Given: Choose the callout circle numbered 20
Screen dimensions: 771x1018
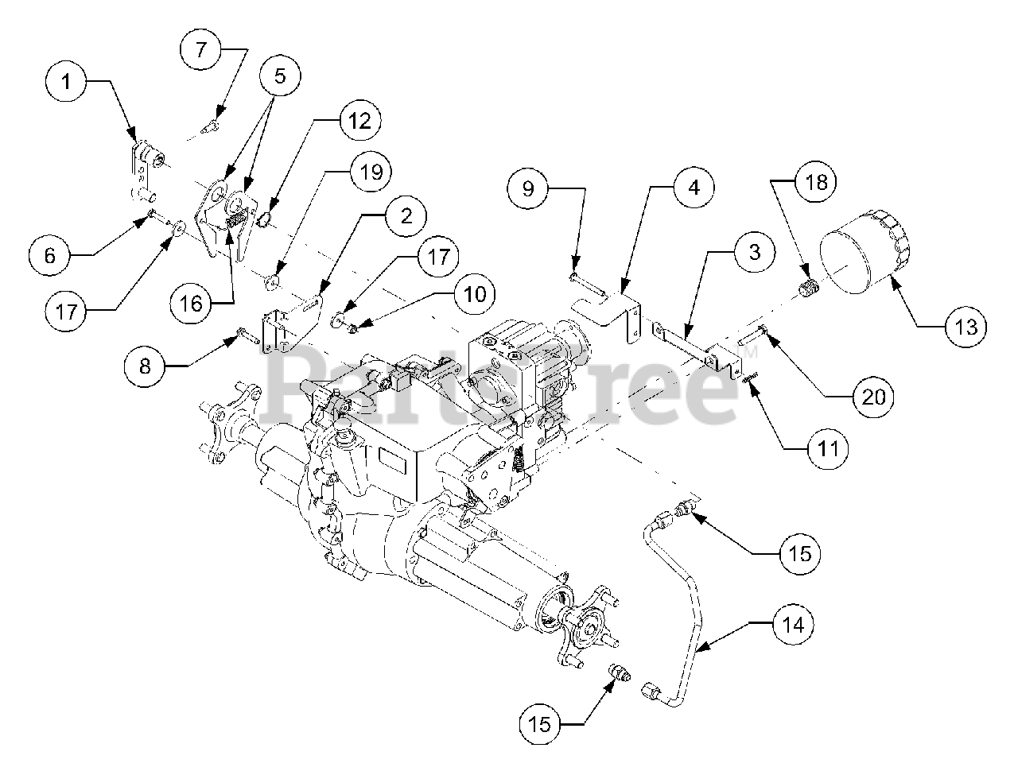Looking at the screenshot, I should pyautogui.click(x=873, y=395).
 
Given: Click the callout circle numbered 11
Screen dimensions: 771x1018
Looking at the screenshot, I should pyautogui.click(x=828, y=449).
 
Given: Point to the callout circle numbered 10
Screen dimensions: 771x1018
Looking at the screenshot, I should pyautogui.click(x=472, y=293).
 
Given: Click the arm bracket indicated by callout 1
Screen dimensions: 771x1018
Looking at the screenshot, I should pyautogui.click(x=142, y=169).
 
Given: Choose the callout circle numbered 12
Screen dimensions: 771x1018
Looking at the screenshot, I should pyautogui.click(x=359, y=121).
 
